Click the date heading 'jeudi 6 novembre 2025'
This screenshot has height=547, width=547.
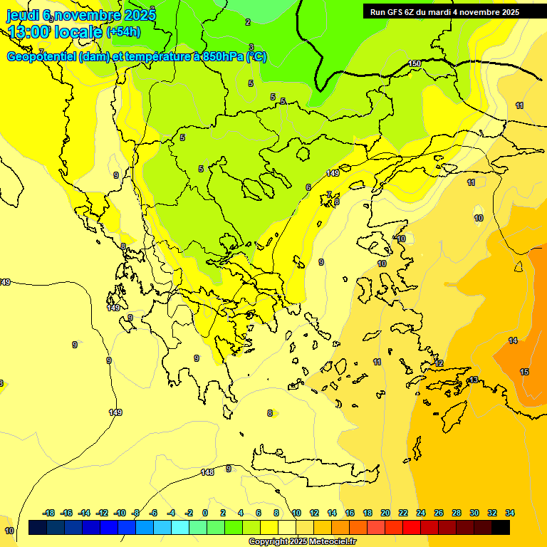[81, 15]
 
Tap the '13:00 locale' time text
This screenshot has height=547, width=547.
[56, 31]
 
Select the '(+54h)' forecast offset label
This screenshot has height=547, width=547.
[123, 32]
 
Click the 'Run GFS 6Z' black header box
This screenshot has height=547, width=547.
[445, 11]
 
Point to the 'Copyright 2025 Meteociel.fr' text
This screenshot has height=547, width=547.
[303, 541]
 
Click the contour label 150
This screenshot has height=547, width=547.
[415, 64]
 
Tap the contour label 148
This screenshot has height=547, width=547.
[207, 472]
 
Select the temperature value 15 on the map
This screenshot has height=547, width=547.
[524, 372]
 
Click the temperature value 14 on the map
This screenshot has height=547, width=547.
[513, 341]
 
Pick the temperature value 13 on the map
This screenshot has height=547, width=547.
[474, 380]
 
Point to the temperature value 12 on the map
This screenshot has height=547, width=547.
[439, 363]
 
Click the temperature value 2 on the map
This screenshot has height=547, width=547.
[248, 22]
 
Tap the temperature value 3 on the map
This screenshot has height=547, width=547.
[251, 48]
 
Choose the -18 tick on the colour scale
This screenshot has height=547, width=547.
[48, 513]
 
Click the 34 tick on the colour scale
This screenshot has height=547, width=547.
[510, 513]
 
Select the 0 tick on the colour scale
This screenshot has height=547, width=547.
[205, 513]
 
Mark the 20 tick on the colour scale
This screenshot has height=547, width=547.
[385, 513]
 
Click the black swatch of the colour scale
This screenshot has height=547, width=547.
[501, 528]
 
